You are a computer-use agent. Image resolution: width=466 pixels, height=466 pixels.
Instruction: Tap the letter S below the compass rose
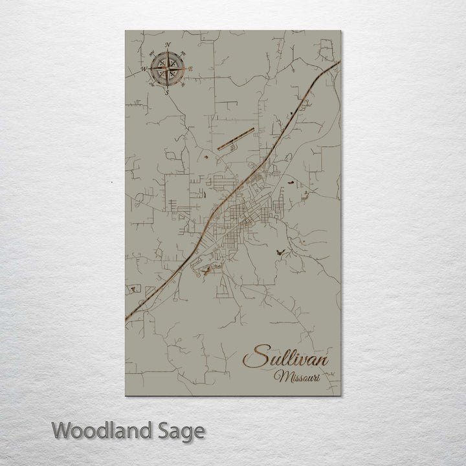tap(168, 93)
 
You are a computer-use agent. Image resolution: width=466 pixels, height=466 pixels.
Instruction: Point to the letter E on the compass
tap(192, 69)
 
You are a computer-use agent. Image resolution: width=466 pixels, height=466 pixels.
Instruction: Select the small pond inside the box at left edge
tap(135, 285)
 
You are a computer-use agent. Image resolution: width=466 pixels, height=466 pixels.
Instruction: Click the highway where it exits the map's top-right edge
tap(338, 63)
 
